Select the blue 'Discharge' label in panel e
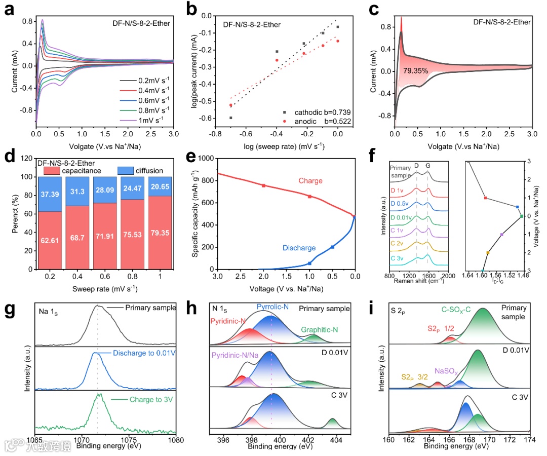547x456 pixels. (x=299, y=248)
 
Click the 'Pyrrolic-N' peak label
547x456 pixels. (x=274, y=308)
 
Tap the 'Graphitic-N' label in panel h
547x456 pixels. (x=320, y=330)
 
